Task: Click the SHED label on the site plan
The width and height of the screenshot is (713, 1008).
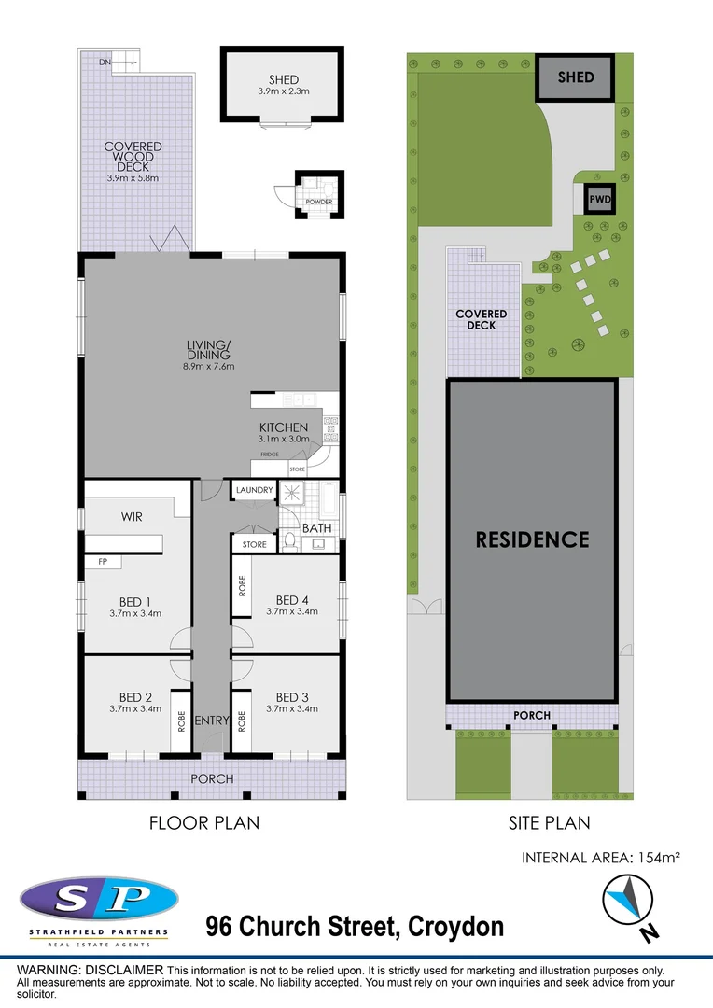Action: click(576, 77)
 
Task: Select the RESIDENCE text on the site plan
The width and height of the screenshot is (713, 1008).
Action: click(532, 539)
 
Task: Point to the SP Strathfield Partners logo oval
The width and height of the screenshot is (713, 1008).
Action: click(99, 900)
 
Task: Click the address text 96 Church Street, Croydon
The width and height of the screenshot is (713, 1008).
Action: click(355, 927)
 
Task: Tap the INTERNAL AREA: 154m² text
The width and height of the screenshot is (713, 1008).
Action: click(600, 858)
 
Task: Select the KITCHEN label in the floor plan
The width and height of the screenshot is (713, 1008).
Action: click(283, 427)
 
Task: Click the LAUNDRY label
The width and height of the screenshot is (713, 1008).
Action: click(254, 490)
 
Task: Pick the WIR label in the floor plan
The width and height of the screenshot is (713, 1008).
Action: click(132, 516)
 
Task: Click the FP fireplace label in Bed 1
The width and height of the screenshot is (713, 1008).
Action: click(102, 562)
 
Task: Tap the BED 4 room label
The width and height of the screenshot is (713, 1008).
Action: click(292, 600)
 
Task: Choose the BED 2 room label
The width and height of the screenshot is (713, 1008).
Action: click(135, 697)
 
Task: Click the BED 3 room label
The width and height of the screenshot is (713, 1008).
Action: click(292, 697)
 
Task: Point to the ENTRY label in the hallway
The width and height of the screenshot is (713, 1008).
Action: click(212, 721)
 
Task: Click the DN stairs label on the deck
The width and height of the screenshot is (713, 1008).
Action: click(107, 61)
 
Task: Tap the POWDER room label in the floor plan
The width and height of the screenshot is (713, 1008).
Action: click(319, 203)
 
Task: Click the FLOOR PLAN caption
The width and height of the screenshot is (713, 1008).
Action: click(204, 822)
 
